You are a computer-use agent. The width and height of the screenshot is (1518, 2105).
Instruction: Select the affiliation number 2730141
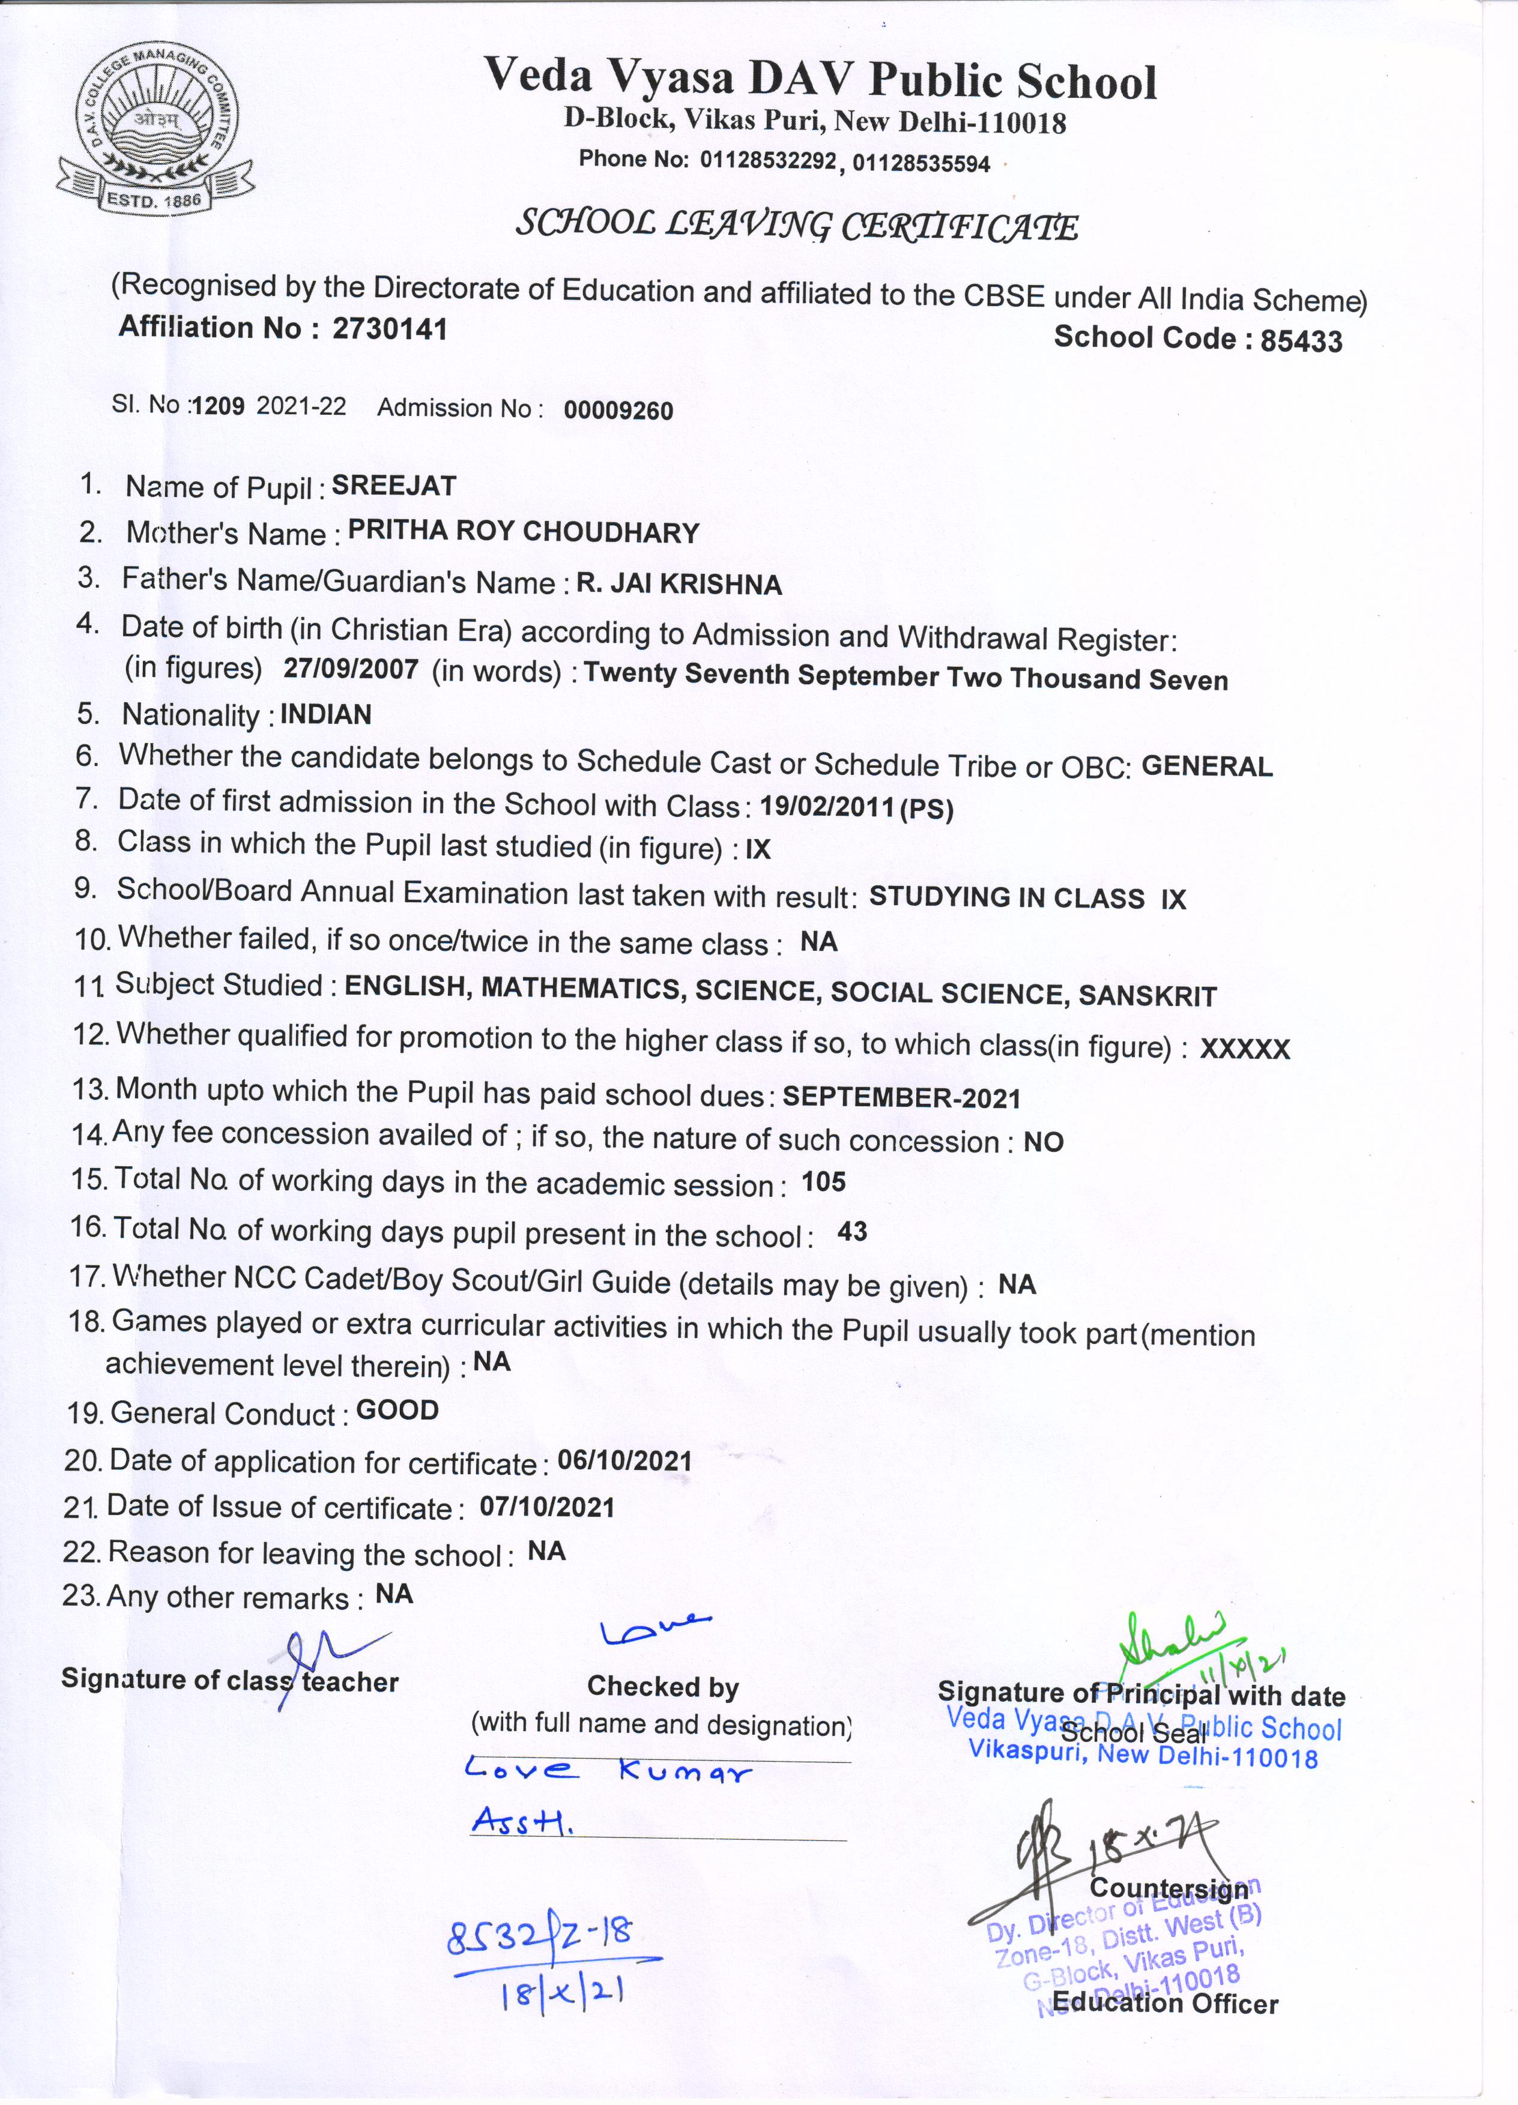click(x=390, y=328)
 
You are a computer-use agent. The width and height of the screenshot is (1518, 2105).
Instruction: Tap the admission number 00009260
click(x=618, y=410)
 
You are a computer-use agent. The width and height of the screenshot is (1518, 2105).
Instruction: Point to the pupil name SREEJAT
click(x=394, y=486)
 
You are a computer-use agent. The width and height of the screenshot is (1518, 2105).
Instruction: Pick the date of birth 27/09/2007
click(x=351, y=670)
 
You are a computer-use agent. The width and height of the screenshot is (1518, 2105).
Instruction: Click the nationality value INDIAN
click(x=326, y=715)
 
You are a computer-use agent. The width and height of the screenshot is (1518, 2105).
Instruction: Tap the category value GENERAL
click(x=1207, y=766)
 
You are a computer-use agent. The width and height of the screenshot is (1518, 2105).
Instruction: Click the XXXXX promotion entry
click(x=1245, y=1049)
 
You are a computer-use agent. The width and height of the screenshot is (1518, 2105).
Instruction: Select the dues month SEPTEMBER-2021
click(x=901, y=1098)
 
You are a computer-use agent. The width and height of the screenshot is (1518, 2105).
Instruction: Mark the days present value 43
click(x=852, y=1232)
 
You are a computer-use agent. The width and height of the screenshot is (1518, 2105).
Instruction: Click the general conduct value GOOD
click(x=398, y=1411)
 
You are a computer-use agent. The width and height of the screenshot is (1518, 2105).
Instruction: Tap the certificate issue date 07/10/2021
click(x=547, y=1507)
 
